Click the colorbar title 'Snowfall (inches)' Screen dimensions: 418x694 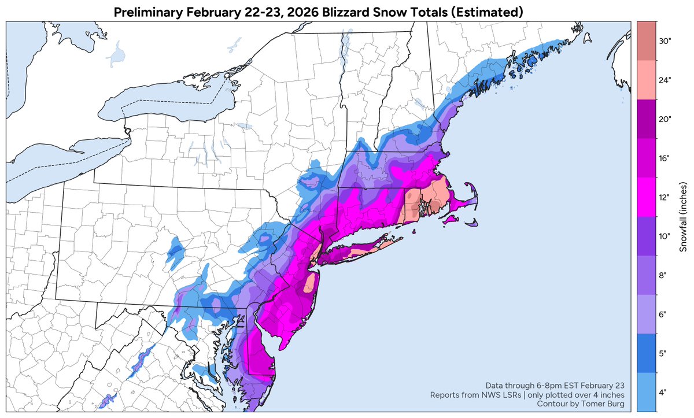point(683,217)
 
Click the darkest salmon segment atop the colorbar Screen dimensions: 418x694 point(645,40)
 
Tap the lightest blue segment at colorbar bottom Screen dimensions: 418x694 point(645,392)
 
